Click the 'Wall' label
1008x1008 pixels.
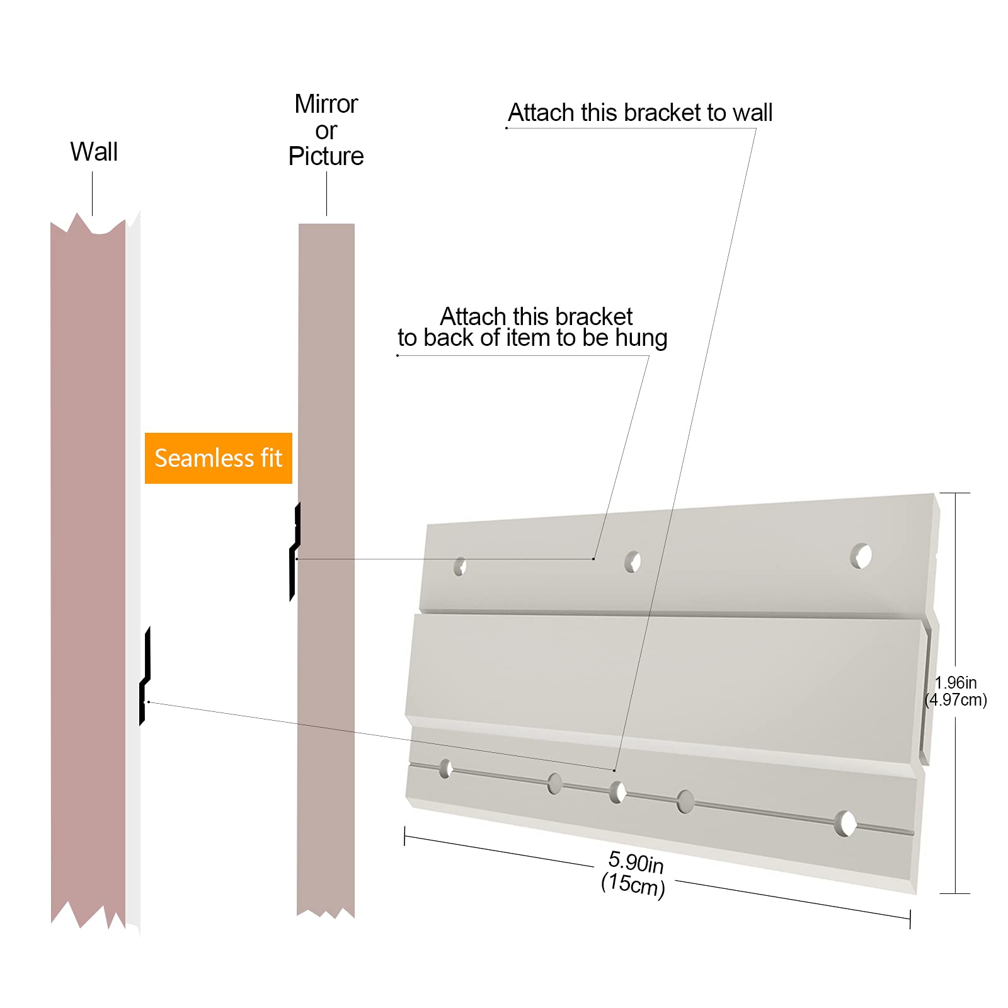[94, 152]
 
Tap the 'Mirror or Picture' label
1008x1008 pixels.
[326, 130]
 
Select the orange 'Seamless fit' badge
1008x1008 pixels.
[219, 458]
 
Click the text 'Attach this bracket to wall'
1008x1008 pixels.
[640, 113]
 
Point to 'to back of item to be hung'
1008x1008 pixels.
[532, 338]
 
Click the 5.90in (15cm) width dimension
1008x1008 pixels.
[634, 873]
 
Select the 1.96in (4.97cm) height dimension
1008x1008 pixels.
[956, 691]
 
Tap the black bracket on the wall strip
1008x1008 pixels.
[145, 676]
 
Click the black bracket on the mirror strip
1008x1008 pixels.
[295, 552]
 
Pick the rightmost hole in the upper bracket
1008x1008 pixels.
[861, 556]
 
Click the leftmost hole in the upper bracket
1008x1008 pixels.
[460, 566]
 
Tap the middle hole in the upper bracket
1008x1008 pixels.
[633, 561]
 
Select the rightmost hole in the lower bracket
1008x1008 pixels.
[845, 823]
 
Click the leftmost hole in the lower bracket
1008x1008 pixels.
[445, 769]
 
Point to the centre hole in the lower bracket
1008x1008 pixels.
[617, 793]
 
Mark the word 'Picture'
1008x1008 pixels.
[326, 156]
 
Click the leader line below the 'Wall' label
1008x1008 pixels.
[93, 193]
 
